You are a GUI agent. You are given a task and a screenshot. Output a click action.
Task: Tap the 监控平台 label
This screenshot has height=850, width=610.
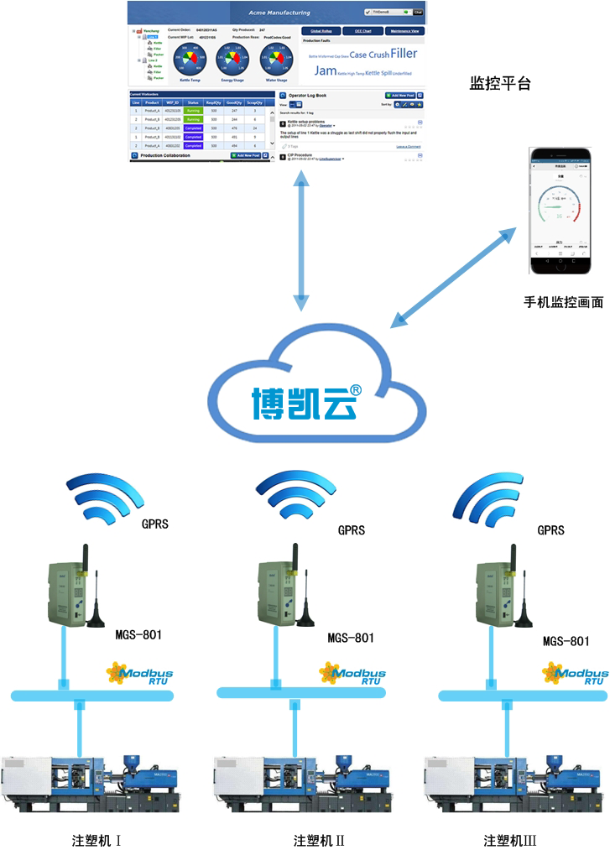(x=500, y=84)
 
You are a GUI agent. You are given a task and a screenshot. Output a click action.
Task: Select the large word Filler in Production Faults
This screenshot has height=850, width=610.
(x=403, y=54)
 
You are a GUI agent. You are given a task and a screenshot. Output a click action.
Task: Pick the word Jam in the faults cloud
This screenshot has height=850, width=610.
(x=325, y=71)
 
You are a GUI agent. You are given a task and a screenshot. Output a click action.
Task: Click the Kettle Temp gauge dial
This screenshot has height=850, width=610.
(x=190, y=60)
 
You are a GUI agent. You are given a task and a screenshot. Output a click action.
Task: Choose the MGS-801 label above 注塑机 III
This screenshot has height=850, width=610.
(x=566, y=641)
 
